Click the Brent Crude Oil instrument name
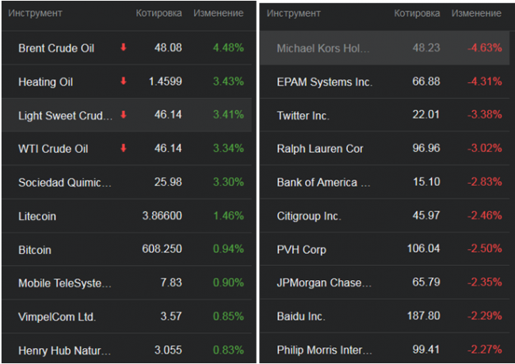point(56,48)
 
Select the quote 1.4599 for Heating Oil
point(166,82)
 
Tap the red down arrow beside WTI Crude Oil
point(123,148)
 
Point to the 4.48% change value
point(227,48)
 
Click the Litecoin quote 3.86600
point(162,216)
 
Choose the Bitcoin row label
point(35,249)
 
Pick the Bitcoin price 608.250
point(163,249)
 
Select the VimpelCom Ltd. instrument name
point(57,317)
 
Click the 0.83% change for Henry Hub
point(227,350)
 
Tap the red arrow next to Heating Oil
point(123,82)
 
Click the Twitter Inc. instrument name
point(303,116)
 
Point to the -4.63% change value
point(484,48)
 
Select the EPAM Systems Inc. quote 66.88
point(426,82)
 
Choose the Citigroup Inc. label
point(308,216)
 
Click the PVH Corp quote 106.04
point(424,249)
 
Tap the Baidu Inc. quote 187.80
point(424,317)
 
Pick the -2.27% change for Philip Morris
point(484,350)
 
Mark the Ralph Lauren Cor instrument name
point(320,149)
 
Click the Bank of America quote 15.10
point(426,182)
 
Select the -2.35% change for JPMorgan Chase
point(484,282)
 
